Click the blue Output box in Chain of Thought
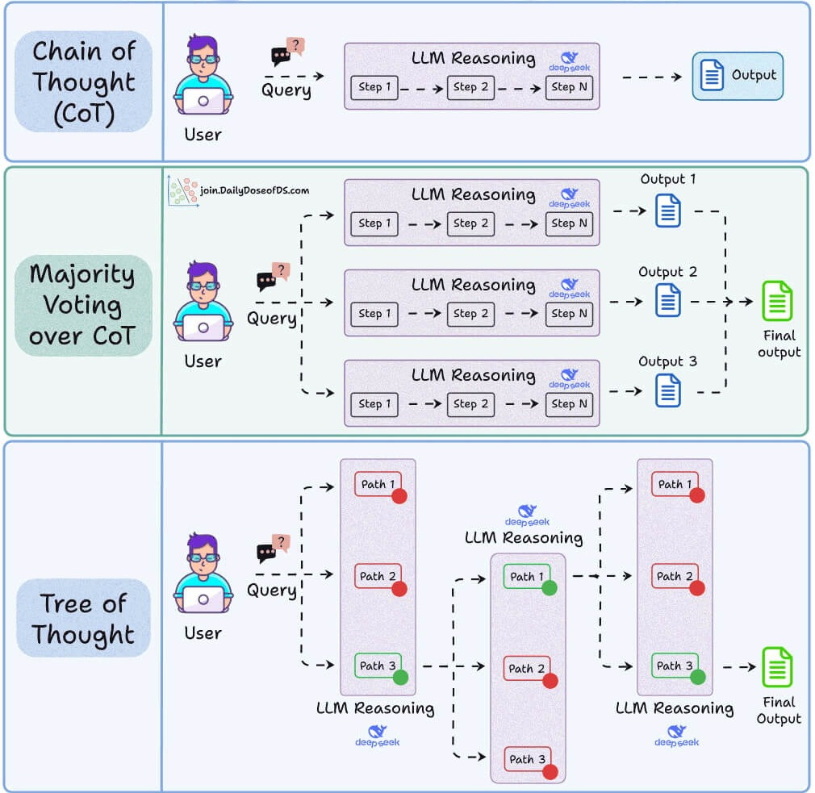pos(738,76)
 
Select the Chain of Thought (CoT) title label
pos(83,81)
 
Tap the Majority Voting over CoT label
pos(82,306)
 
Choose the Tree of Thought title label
pos(83,618)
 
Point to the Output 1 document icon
pos(668,211)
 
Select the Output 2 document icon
pos(668,301)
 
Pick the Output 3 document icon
pos(668,390)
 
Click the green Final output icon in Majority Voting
pos(778,301)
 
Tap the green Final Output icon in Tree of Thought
pos(778,667)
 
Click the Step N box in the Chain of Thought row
pos(569,87)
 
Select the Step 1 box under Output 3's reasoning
pos(374,404)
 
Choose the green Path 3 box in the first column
pos(378,666)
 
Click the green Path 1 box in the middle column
pos(528,577)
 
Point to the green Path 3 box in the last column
pos(675,666)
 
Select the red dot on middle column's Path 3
pos(550,772)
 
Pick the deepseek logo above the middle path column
pos(527,515)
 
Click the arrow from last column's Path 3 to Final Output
pos(738,667)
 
